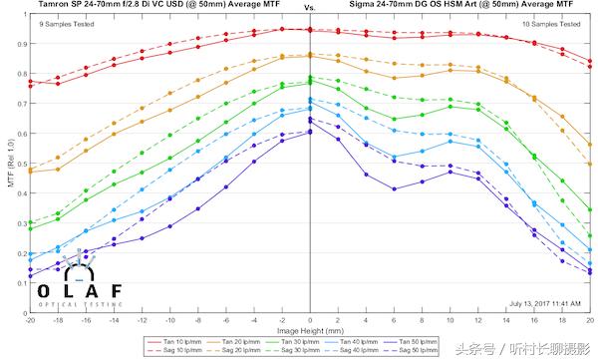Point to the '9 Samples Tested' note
[x=60, y=22]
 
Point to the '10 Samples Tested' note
[x=554, y=22]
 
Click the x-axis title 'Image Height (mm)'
[x=310, y=328]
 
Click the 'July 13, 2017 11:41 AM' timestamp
[x=546, y=302]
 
